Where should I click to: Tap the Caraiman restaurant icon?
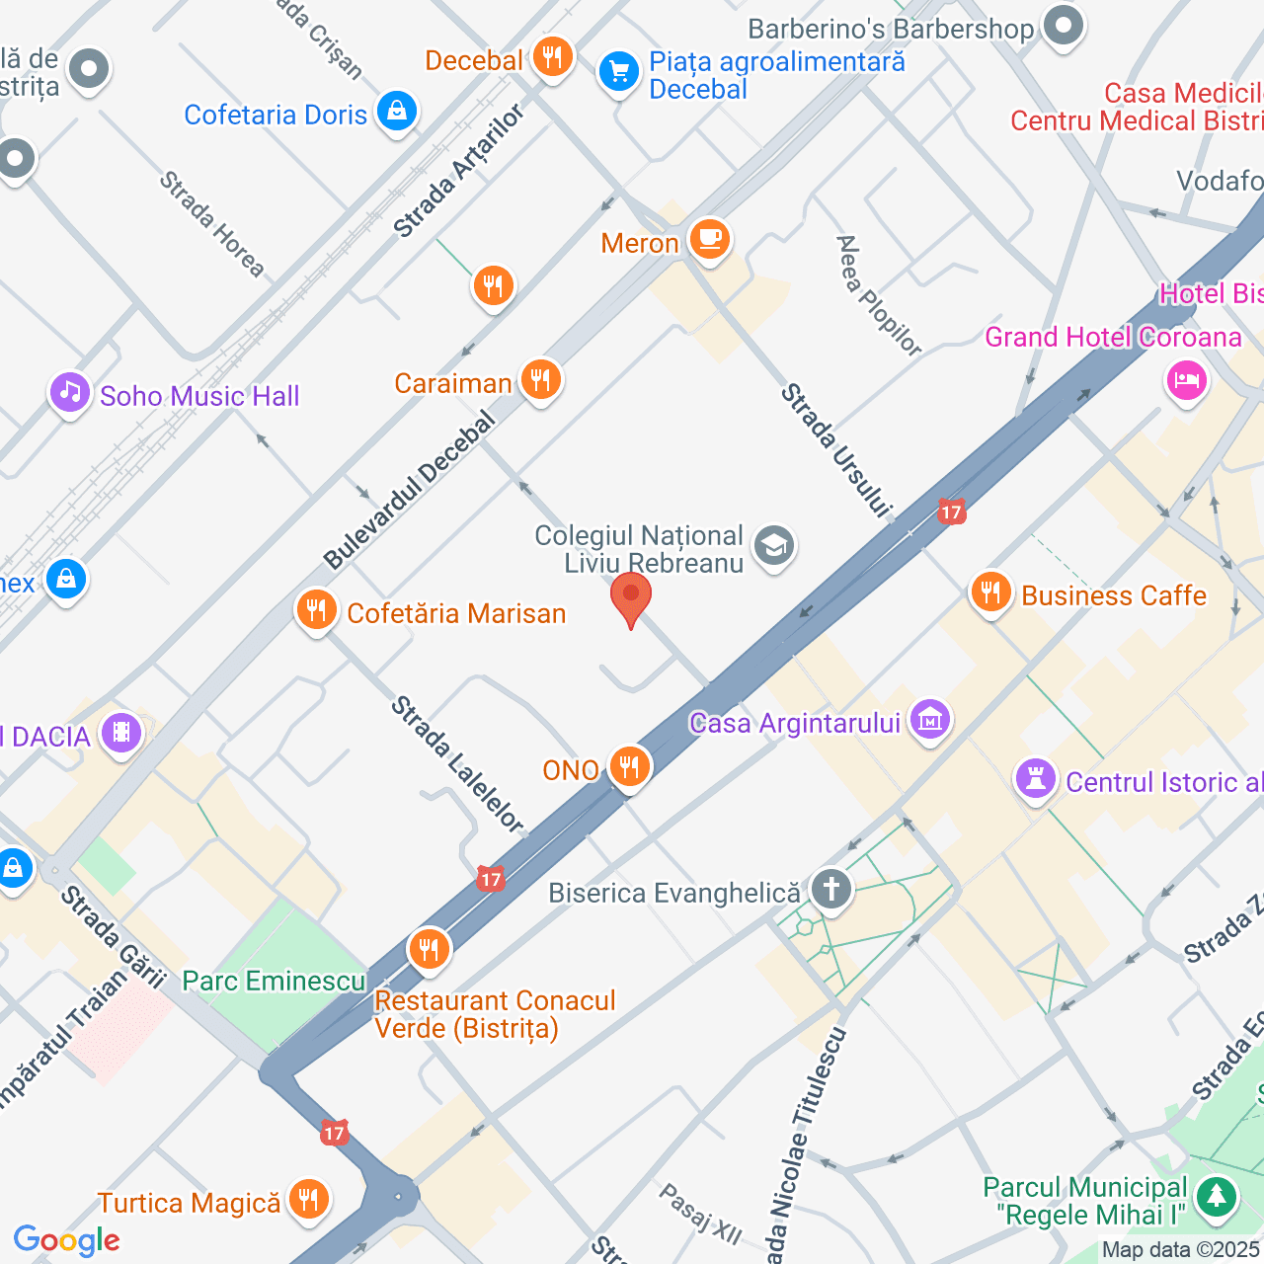[540, 379]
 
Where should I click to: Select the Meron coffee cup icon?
[709, 239]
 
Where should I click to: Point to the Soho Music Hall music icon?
[70, 393]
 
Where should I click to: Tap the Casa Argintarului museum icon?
[929, 721]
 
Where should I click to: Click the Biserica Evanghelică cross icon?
[830, 889]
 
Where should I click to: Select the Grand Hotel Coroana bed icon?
[1187, 379]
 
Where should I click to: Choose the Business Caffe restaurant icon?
[990, 592]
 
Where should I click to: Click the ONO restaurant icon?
[629, 766]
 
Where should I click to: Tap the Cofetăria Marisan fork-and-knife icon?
[316, 611]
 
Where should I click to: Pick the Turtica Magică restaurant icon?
[308, 1200]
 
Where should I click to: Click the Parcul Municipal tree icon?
[1217, 1197]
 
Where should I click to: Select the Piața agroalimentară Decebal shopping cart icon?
[619, 72]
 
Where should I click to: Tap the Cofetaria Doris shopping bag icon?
[396, 112]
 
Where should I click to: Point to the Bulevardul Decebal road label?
[410, 491]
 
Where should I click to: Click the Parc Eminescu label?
[274, 981]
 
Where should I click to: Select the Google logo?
[67, 1240]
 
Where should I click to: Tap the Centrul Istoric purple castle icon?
[1036, 780]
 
